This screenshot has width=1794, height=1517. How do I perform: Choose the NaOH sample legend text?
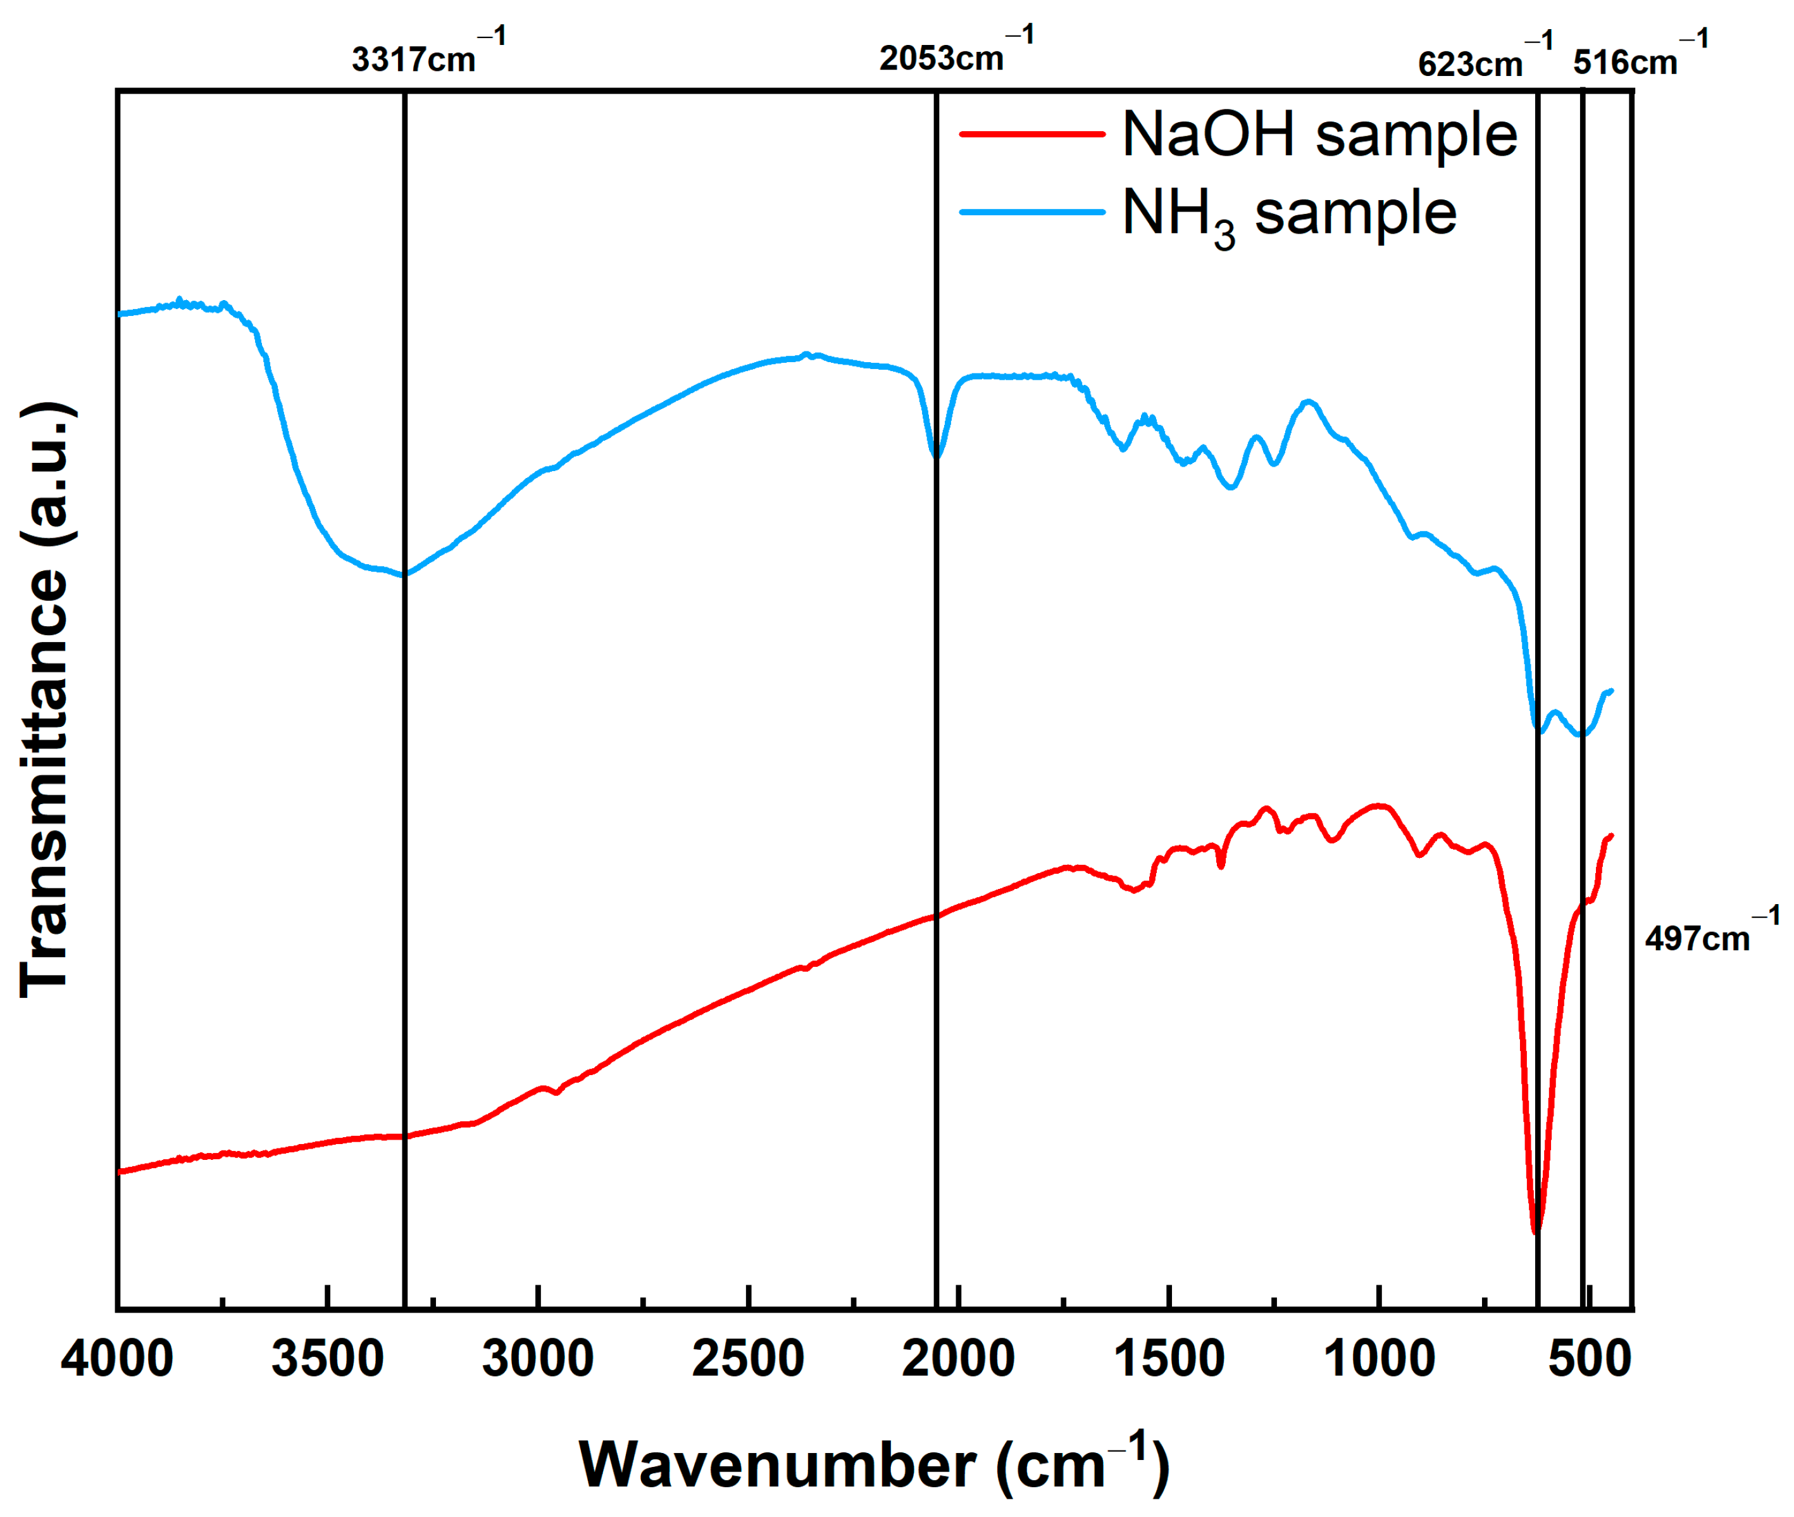tap(1319, 135)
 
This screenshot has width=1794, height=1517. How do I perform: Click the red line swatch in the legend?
tap(1031, 134)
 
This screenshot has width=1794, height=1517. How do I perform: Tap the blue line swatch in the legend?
tap(1031, 211)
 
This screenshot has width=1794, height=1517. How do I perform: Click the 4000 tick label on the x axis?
tap(117, 1359)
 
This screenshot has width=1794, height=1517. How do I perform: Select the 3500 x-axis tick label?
tap(328, 1359)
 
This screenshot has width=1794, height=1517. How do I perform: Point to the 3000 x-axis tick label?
tap(538, 1359)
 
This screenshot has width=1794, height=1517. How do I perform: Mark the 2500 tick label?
tap(748, 1359)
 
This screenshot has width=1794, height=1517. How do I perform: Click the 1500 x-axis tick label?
tap(1168, 1359)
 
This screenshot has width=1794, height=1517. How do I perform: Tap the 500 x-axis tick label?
tap(1590, 1359)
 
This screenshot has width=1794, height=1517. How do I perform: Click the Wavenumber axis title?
tap(875, 1464)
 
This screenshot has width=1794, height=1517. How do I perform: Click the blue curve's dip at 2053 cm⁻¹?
tap(935, 454)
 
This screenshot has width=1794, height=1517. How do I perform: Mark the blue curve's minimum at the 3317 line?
tap(404, 574)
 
